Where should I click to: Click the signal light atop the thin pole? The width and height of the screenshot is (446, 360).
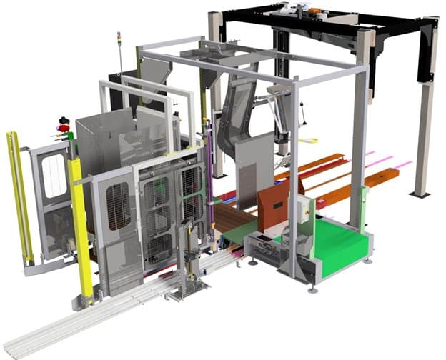119,36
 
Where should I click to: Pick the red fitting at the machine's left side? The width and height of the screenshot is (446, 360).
64,128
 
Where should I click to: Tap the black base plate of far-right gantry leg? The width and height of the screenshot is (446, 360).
420,194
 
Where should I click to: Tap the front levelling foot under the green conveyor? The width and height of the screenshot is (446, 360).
312,290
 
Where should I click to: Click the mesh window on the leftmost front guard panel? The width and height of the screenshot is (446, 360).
118,207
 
